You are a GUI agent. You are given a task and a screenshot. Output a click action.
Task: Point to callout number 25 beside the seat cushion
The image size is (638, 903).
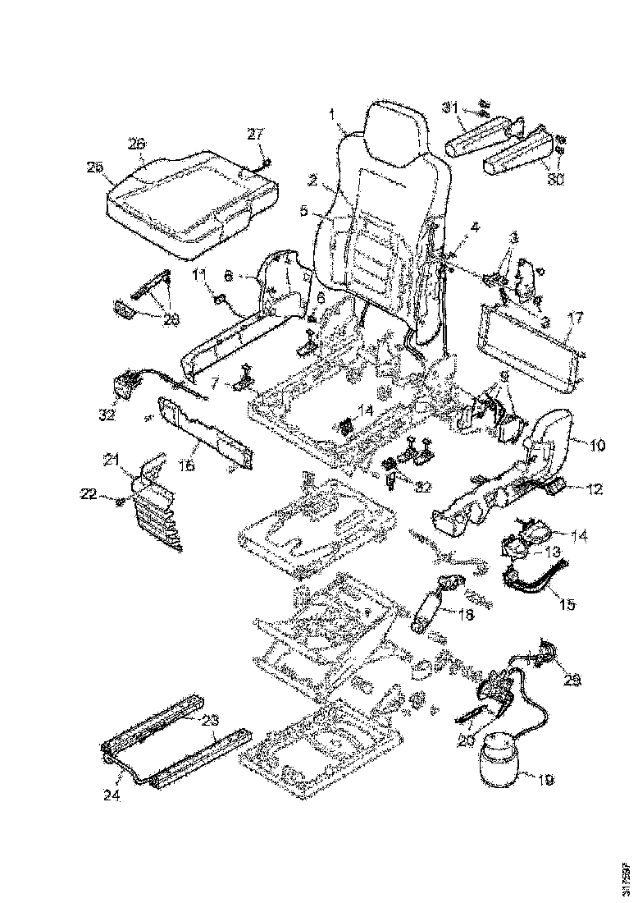point(95,167)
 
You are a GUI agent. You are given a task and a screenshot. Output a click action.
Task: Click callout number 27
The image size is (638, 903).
point(257,133)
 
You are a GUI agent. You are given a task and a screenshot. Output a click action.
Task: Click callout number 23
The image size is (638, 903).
point(211,721)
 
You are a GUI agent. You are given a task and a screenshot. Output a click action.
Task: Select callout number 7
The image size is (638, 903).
point(214,383)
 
